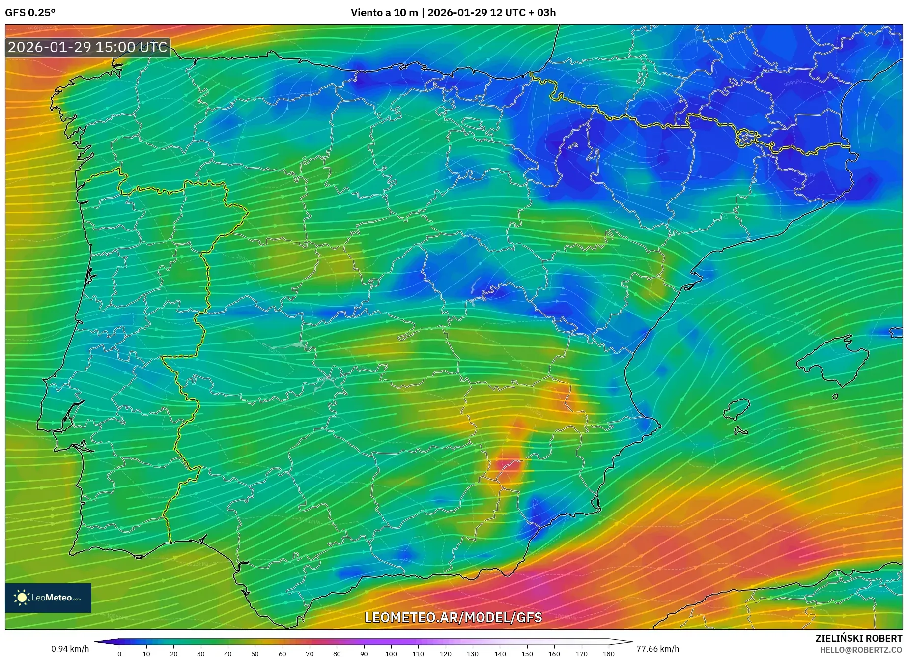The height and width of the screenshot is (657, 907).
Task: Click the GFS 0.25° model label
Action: coord(30,12)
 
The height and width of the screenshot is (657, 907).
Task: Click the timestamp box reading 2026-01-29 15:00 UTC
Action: coord(87,47)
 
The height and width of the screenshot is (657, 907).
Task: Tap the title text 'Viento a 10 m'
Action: coord(384,12)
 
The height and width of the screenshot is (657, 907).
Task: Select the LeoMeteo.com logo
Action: coord(48,598)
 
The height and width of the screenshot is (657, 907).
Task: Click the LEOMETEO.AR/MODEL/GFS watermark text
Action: coord(453,617)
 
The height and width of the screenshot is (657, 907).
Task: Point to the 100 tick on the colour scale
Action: coord(391,653)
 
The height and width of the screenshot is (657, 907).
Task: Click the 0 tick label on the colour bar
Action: coord(119,653)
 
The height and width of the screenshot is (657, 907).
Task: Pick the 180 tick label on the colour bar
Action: coord(608,653)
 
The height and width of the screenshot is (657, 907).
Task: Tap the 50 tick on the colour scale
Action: coord(255,653)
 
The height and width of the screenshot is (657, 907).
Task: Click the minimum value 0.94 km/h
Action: coord(70,649)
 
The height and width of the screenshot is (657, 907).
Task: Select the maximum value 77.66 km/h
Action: coord(657,649)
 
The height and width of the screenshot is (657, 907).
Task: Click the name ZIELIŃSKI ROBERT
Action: coord(858,638)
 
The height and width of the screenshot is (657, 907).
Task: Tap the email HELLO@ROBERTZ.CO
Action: coord(860,650)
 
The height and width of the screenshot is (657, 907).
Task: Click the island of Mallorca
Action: coord(833,361)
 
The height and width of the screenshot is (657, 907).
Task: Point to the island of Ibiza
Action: coord(737,409)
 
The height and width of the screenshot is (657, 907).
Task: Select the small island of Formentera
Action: coord(740,431)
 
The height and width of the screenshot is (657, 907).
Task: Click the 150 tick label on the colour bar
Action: coord(527,653)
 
